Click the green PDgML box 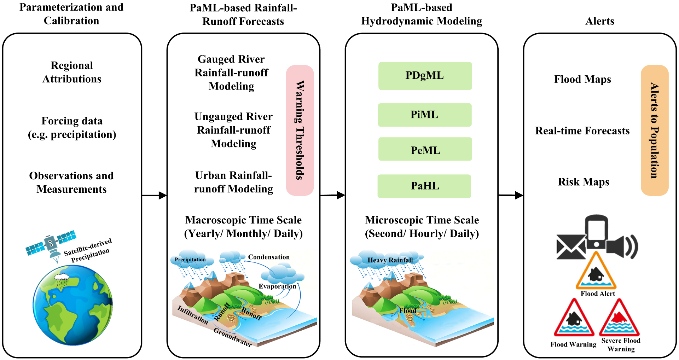(x=425, y=76)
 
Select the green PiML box (x=424, y=115)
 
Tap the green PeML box (x=425, y=149)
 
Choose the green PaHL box (x=424, y=186)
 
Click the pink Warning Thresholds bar (x=300, y=130)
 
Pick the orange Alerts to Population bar (x=654, y=130)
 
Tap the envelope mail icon (x=570, y=247)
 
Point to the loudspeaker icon (x=621, y=246)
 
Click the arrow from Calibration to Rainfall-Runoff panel (x=154, y=195)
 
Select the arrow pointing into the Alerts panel (x=511, y=195)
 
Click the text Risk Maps (x=584, y=182)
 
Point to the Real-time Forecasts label (x=582, y=131)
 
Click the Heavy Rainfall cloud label (x=390, y=260)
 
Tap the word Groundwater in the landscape (x=232, y=337)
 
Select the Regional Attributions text (x=72, y=72)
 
